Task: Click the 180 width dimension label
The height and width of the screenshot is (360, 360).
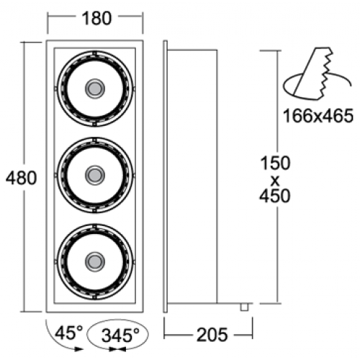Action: (x=96, y=19)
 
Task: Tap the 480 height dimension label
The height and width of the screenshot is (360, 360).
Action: (x=22, y=178)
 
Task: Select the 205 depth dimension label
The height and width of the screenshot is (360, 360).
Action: (x=212, y=335)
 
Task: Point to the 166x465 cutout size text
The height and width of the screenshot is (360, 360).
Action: (x=318, y=116)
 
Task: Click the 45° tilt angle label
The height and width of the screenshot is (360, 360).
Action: (x=69, y=333)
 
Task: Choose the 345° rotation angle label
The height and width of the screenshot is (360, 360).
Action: (x=120, y=335)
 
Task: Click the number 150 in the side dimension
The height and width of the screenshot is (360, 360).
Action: (x=275, y=163)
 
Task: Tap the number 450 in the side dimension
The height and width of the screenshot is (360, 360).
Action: (x=275, y=196)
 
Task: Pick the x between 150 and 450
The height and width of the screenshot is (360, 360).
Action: (x=275, y=181)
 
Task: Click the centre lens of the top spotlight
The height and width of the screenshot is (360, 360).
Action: (x=95, y=89)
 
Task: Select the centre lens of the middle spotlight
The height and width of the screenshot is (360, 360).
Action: (x=95, y=175)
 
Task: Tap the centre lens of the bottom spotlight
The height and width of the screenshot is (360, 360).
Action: (x=95, y=262)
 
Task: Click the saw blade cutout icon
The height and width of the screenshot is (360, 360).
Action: (x=317, y=74)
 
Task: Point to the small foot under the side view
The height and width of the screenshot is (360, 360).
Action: (x=244, y=307)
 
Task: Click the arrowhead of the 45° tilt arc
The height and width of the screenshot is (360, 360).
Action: (x=78, y=349)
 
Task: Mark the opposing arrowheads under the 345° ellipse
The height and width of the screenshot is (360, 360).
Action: (x=117, y=349)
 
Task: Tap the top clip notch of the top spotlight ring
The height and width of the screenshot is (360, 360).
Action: (x=95, y=53)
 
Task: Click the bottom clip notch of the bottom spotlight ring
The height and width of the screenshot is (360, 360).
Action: (x=95, y=297)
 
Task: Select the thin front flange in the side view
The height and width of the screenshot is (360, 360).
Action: (x=165, y=176)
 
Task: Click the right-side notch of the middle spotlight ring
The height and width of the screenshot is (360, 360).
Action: (x=134, y=176)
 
